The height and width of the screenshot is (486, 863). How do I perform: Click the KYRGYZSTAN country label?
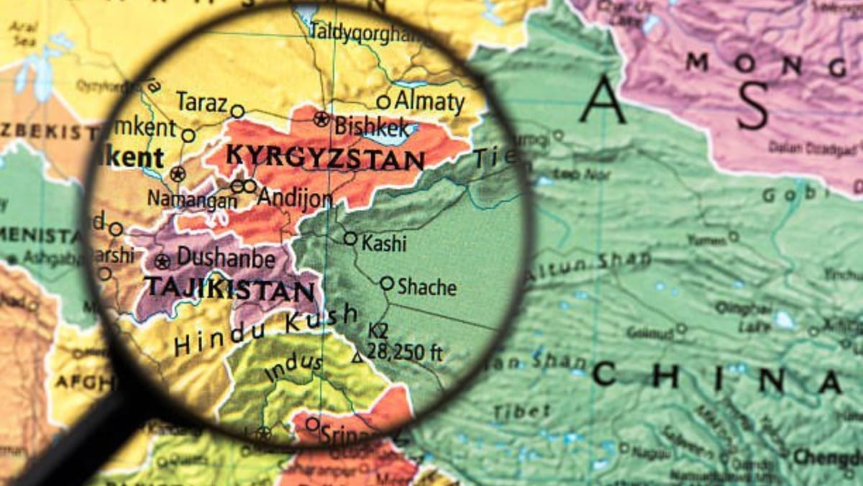(324, 157)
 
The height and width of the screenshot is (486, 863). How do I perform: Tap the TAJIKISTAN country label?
(230, 289)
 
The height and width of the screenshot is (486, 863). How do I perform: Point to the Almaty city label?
(429, 101)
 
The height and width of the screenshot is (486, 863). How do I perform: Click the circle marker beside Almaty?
(383, 102)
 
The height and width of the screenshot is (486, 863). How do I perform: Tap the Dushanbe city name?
(226, 257)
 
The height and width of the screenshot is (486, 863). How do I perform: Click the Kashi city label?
(384, 244)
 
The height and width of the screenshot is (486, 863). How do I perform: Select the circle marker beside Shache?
(387, 284)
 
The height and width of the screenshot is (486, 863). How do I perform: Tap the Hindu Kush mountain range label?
(266, 331)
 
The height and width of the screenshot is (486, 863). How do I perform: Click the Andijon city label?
(295, 197)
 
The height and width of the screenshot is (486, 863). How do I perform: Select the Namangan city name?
(193, 200)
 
